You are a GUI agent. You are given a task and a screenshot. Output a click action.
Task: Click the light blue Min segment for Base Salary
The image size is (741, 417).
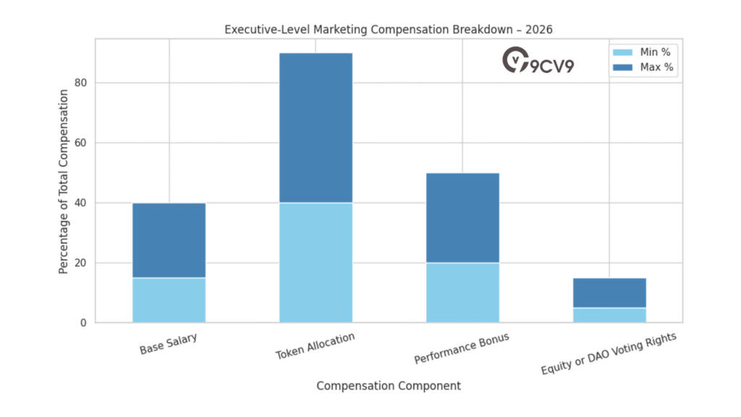(169, 300)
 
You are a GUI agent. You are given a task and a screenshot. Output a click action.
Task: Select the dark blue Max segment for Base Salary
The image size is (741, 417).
(169, 240)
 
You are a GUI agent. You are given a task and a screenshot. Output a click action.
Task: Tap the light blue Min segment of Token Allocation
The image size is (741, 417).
(316, 262)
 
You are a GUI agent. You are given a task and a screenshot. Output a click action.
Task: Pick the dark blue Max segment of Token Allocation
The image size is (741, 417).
(316, 127)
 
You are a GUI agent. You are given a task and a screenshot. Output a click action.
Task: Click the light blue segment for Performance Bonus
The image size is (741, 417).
(462, 292)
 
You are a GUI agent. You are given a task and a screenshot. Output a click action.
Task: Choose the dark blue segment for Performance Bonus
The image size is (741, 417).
(462, 217)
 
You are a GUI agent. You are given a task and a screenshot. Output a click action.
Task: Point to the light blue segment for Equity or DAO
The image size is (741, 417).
(609, 315)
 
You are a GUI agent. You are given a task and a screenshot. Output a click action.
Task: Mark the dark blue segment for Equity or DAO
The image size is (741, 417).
(609, 292)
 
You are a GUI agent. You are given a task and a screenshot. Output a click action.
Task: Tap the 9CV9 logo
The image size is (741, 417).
(538, 62)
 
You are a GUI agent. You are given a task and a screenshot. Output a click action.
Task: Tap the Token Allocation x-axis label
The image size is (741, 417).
(315, 346)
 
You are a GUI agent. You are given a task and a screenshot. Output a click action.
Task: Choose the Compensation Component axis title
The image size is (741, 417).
(388, 386)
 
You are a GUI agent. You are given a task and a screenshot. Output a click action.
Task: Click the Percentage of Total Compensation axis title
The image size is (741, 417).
(64, 181)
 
